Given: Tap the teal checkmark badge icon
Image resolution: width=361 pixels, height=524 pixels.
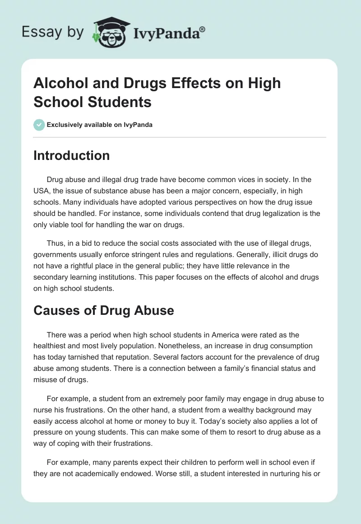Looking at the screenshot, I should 39,125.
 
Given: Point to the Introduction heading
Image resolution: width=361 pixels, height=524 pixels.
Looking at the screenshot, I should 71,155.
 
